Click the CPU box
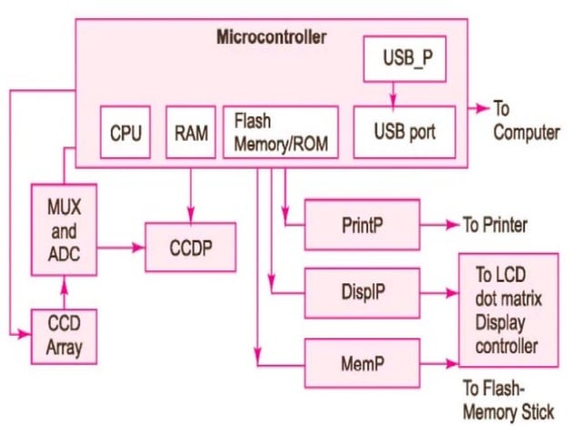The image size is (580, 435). coord(125,133)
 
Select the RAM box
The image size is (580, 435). coord(191,133)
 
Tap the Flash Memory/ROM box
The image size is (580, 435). coord(280,133)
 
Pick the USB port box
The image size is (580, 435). coord(405,131)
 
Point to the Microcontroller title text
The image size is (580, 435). coord(271,37)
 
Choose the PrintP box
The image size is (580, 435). coord(362,225)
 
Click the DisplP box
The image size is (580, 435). coord(362,293)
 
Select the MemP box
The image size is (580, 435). coord(362,362)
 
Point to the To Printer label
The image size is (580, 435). coord(495,225)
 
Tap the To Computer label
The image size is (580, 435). coord(525,120)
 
